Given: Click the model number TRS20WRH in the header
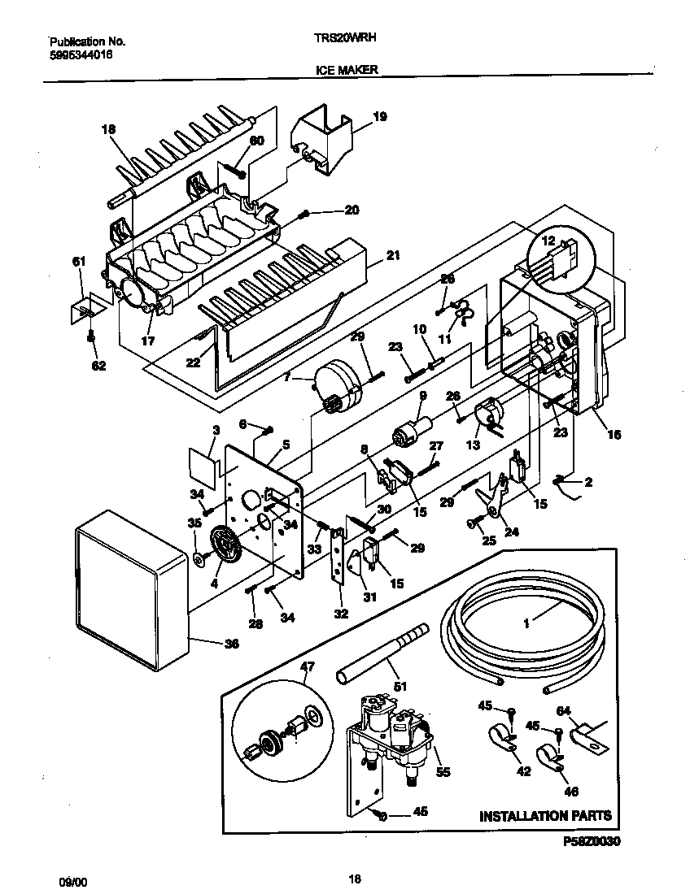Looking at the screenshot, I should (345, 37).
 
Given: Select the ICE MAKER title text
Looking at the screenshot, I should (346, 71).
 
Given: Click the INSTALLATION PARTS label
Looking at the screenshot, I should (545, 815).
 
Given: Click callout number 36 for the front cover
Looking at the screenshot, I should (232, 644).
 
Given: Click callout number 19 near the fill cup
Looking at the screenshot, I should (379, 117).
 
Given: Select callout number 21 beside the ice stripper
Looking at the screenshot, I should (393, 256).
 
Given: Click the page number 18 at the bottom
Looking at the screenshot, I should (353, 879).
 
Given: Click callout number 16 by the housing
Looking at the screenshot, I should (614, 435).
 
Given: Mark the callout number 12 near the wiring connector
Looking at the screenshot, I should (548, 241).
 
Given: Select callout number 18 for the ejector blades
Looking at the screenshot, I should (109, 128).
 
